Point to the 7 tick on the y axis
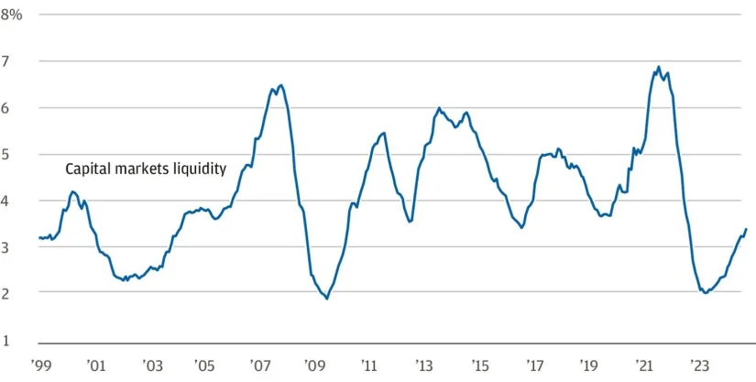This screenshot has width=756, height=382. tap(17, 61)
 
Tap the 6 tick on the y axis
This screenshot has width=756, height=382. tap(17, 108)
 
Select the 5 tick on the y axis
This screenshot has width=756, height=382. tap(17, 154)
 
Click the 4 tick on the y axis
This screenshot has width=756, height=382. tap(17, 201)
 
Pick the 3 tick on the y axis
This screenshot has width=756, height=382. tap(17, 246)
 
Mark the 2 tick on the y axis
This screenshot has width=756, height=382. tap(17, 293)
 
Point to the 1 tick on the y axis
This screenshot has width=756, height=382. tap(17, 340)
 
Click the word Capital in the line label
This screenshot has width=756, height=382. tap(87, 169)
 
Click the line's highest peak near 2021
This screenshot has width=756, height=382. tap(658, 67)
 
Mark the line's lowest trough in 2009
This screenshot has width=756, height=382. tap(327, 299)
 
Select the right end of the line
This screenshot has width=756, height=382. tap(746, 229)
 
